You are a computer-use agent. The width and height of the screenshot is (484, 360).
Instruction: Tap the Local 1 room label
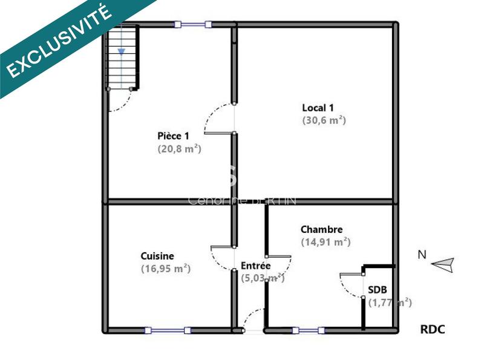click(318, 108)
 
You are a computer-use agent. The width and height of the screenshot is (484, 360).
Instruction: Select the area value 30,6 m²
click(324, 120)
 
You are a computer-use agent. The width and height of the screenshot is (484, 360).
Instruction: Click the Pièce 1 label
click(174, 136)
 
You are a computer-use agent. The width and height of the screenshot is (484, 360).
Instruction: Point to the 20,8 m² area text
click(179, 148)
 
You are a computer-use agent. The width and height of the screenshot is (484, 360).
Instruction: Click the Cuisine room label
click(157, 256)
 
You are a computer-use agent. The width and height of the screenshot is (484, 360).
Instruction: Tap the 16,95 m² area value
click(166, 269)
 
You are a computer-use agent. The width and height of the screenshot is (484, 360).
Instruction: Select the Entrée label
click(256, 266)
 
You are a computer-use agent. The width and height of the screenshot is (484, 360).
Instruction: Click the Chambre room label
click(322, 229)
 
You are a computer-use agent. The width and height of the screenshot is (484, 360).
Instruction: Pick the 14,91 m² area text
click(325, 242)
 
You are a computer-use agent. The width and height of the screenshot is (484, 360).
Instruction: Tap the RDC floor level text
click(433, 329)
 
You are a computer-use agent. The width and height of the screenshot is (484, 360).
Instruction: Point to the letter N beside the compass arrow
click(422, 255)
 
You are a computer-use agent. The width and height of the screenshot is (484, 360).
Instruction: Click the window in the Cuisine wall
click(166, 330)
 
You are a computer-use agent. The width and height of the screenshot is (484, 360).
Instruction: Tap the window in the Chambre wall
click(309, 330)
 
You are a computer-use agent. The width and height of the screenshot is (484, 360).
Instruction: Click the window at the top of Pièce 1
click(193, 24)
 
